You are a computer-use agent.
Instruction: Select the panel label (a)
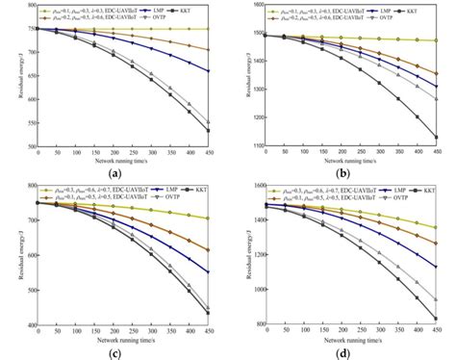[115, 173]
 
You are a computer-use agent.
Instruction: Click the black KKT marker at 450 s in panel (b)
[438, 137]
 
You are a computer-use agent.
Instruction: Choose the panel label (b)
[342, 173]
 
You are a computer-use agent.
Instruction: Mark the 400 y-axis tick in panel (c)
[31, 325]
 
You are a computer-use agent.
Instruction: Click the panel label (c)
[115, 352]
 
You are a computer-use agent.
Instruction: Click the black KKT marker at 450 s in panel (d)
[438, 319]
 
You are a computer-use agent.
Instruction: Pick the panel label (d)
[342, 352]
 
